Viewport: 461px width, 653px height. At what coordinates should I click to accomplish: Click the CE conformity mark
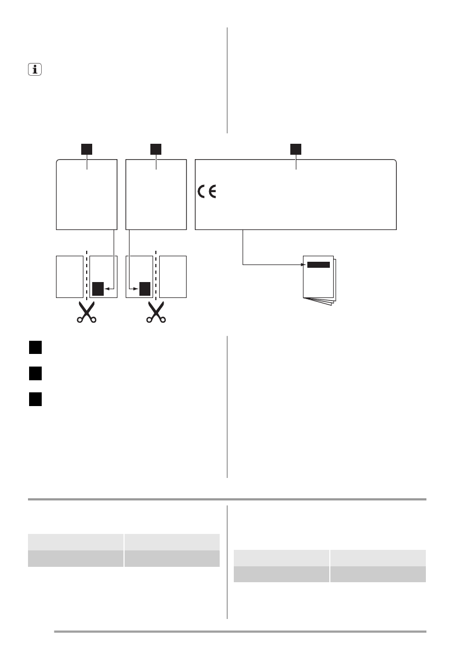206,192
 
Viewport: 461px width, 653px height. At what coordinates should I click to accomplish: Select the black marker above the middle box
156,149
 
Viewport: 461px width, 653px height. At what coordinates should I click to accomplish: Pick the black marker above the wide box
296,149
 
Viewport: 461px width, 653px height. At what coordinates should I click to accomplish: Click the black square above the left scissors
97,288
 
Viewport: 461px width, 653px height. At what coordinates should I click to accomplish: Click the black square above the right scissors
145,288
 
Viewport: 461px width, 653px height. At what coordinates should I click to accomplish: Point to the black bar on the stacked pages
318,264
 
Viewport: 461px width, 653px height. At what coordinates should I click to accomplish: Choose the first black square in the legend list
36,348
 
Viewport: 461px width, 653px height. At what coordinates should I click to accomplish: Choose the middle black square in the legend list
36,374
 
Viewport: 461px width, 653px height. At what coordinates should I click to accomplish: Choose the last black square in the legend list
36,399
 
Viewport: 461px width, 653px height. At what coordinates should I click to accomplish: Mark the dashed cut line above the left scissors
86,274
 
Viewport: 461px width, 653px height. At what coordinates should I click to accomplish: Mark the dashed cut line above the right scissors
156,274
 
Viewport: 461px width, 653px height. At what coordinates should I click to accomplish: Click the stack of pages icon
319,281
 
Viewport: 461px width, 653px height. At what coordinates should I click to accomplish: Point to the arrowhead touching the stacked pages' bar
304,264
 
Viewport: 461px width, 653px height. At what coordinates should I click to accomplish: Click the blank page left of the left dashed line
69,277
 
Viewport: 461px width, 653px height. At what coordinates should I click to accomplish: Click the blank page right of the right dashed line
173,277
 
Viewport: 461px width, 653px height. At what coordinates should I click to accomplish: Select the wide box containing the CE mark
296,195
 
